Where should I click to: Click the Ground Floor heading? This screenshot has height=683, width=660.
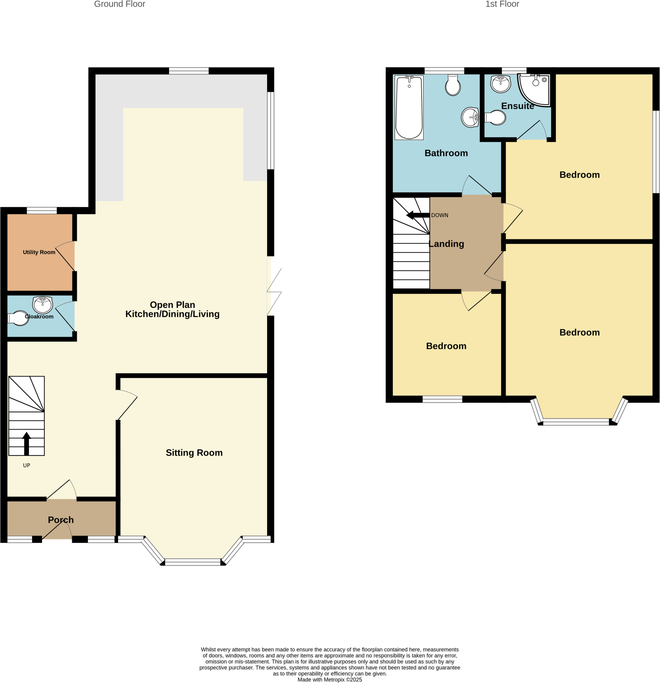(x=119, y=4)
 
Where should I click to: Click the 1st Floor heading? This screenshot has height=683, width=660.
(x=502, y=4)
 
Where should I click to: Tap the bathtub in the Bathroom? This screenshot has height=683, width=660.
(x=409, y=107)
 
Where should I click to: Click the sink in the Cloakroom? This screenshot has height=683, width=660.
(x=42, y=305)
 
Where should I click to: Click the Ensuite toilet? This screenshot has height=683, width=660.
(x=495, y=118)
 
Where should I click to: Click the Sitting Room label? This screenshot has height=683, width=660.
(x=194, y=453)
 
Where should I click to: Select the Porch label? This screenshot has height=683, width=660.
(x=61, y=520)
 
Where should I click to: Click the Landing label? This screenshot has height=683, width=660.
(x=446, y=244)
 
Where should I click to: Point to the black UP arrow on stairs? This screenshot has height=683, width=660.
(x=26, y=443)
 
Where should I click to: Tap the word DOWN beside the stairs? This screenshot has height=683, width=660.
(x=440, y=215)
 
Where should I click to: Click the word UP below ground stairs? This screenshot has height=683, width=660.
(x=26, y=466)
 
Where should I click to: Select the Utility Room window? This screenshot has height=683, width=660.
(x=41, y=210)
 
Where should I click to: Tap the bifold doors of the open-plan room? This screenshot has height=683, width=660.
(x=274, y=292)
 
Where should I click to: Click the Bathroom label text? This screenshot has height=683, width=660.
(x=446, y=153)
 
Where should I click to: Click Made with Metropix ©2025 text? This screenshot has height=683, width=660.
(x=329, y=680)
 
